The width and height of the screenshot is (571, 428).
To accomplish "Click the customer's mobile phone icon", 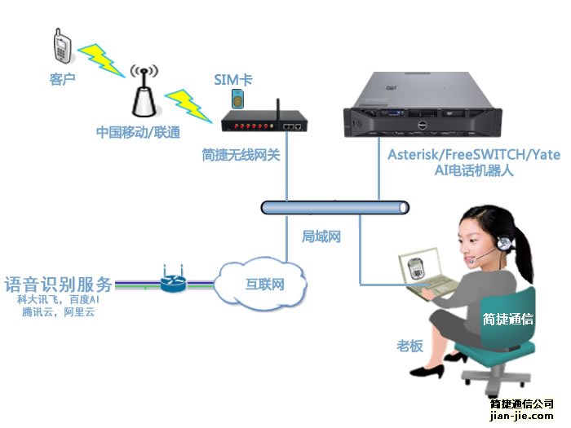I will click(61, 45).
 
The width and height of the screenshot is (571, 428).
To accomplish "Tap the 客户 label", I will click(62, 79).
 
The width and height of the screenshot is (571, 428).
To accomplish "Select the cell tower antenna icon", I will click(144, 92).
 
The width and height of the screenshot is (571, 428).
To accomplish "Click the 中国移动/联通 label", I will click(138, 131).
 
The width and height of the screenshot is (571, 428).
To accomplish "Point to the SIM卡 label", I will click(233, 79).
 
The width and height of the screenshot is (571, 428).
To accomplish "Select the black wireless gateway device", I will click(265, 125).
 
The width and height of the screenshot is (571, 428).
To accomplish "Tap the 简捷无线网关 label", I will click(241, 154).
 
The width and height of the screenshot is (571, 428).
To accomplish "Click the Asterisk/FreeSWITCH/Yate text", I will click(474, 155).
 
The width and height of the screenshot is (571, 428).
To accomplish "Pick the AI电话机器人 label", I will click(473, 171).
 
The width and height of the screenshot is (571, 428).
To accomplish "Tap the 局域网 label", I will click(321, 236).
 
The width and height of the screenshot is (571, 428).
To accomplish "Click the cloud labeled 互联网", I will click(263, 285).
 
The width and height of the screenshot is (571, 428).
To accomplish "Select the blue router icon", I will click(173, 281).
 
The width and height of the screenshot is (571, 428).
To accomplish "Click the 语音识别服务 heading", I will click(58, 285).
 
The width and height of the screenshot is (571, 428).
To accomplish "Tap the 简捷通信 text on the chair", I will click(507, 319).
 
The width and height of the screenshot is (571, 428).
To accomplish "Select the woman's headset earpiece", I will click(507, 242).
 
